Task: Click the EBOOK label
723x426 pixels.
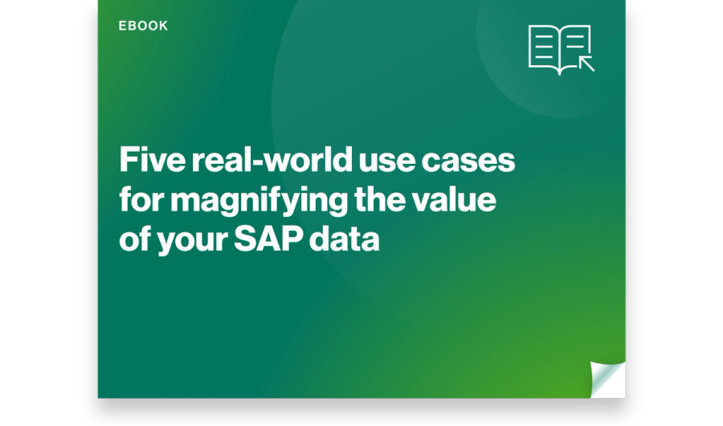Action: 143,26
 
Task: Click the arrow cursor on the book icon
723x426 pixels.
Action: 586,63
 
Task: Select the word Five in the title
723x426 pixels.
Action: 152,160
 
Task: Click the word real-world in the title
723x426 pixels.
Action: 272,160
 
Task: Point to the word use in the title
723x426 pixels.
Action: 387,162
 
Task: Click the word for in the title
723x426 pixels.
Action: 141,199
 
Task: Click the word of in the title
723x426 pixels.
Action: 135,239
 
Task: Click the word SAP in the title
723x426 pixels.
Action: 268,239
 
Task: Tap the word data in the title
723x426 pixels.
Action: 345,239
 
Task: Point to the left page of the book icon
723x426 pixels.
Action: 544,47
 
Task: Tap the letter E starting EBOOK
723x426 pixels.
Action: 122,26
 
